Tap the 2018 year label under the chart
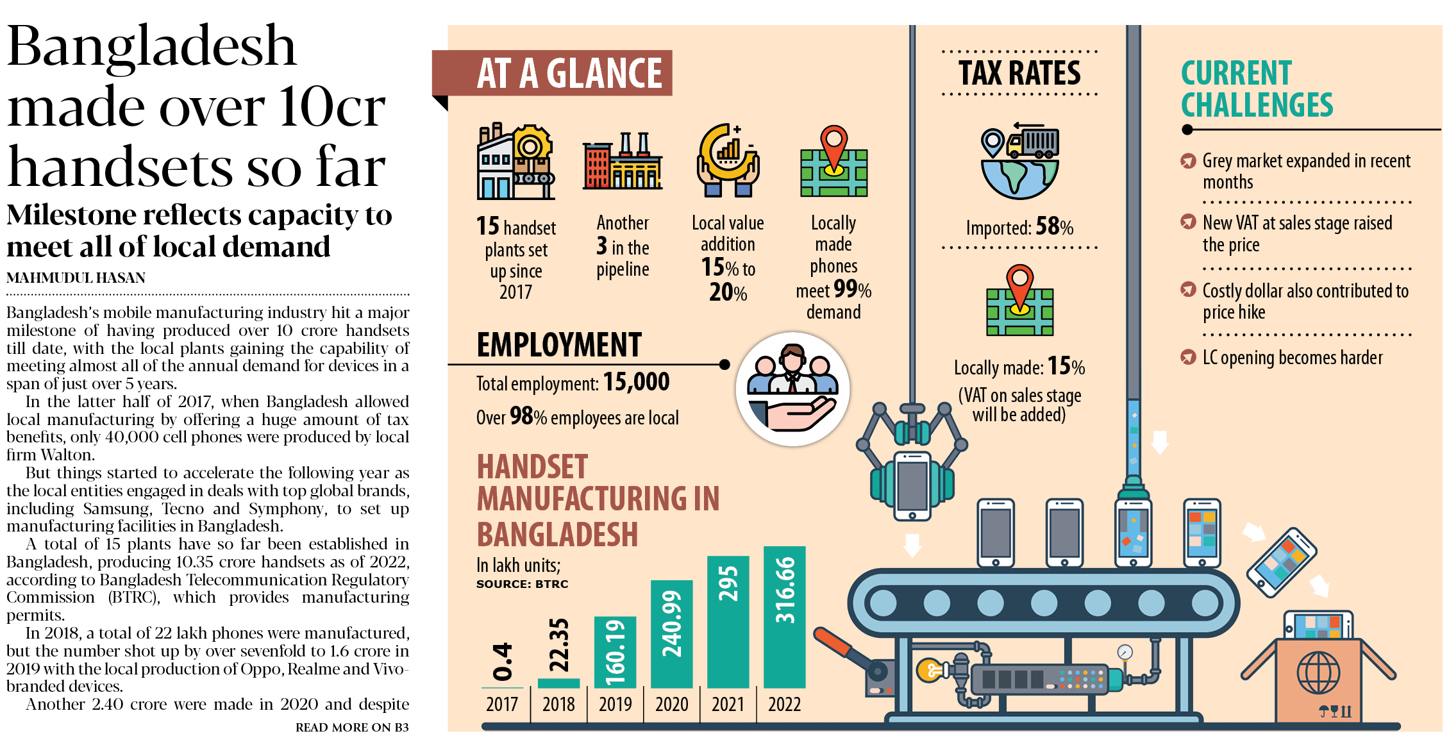[x=558, y=705]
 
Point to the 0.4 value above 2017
[x=503, y=662]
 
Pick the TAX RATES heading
[x=1019, y=73]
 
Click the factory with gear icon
[x=515, y=161]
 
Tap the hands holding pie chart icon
[x=728, y=160]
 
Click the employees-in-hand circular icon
[x=792, y=389]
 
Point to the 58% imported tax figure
[x=1054, y=226]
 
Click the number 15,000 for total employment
[x=636, y=382]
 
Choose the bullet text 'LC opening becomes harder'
[x=1292, y=358]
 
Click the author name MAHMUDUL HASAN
[x=76, y=278]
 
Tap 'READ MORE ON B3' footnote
[x=352, y=727]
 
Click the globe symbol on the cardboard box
[x=1318, y=673]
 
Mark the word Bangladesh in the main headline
[x=151, y=46]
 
